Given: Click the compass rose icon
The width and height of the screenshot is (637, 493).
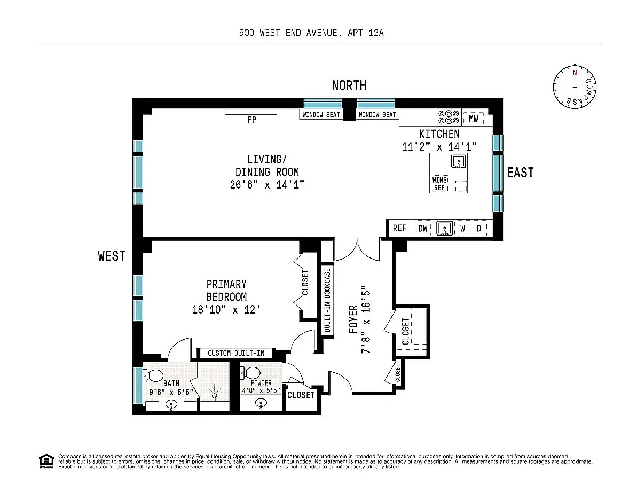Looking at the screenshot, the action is pyautogui.click(x=575, y=87).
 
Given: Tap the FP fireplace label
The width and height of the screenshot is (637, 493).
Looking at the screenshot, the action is pyautogui.click(x=252, y=120).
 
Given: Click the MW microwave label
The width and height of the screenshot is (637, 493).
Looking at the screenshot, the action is pyautogui.click(x=473, y=119).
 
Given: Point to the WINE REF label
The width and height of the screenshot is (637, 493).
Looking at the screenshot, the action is pyautogui.click(x=439, y=184).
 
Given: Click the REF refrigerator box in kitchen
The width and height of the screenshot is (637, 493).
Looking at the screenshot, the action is pyautogui.click(x=400, y=228).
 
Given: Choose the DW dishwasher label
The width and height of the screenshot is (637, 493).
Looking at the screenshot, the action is pyautogui.click(x=423, y=229).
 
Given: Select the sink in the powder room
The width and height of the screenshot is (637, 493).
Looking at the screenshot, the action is pyautogui.click(x=261, y=403).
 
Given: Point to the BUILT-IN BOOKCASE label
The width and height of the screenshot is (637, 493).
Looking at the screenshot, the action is pyautogui.click(x=327, y=300).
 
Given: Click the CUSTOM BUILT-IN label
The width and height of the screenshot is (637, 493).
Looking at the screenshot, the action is pyautogui.click(x=236, y=353).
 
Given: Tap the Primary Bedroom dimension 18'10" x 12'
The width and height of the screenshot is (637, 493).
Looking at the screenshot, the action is pyautogui.click(x=226, y=310).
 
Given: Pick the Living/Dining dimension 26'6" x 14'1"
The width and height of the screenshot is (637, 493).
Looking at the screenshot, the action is pyautogui.click(x=267, y=184).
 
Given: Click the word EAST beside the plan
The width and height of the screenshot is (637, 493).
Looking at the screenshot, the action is pyautogui.click(x=520, y=173).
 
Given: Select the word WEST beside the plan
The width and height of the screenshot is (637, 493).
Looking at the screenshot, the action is pyautogui.click(x=111, y=256).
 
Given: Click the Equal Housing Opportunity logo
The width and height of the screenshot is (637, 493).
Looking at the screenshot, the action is pyautogui.click(x=46, y=461).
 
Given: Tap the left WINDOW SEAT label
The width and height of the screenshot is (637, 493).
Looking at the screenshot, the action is pyautogui.click(x=321, y=115).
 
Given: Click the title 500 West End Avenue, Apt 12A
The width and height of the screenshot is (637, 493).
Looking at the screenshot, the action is pyautogui.click(x=311, y=33).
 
